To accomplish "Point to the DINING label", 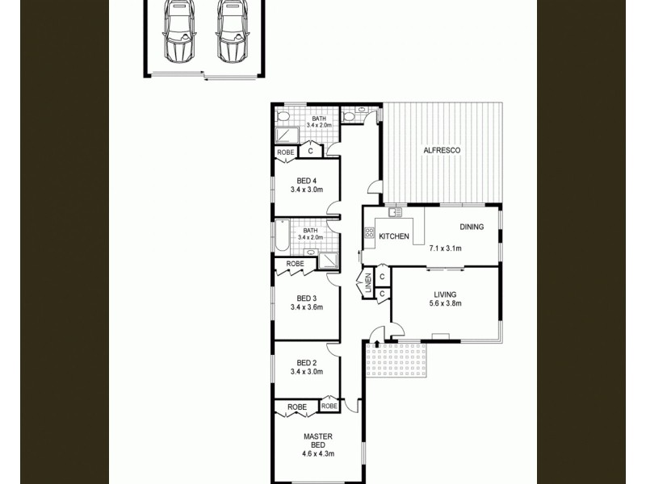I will click(x=472, y=227).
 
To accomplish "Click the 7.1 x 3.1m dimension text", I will click(x=445, y=248).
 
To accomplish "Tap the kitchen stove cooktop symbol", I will click(x=369, y=235).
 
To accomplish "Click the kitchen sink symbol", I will click(x=394, y=213).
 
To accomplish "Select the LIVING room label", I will click(x=445, y=294).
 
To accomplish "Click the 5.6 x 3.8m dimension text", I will click(x=445, y=304).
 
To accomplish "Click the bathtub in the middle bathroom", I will click(x=282, y=235).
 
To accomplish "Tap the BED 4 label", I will click(x=307, y=180).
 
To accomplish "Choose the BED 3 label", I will click(x=307, y=296).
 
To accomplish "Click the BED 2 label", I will click(x=307, y=362).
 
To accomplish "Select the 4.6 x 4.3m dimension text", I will click(x=318, y=454).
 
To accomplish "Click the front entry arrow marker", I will click(x=377, y=344).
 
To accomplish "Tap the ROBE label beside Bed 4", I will click(x=285, y=152).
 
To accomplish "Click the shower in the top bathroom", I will click(x=286, y=135).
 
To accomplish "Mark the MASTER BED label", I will click(x=318, y=440).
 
